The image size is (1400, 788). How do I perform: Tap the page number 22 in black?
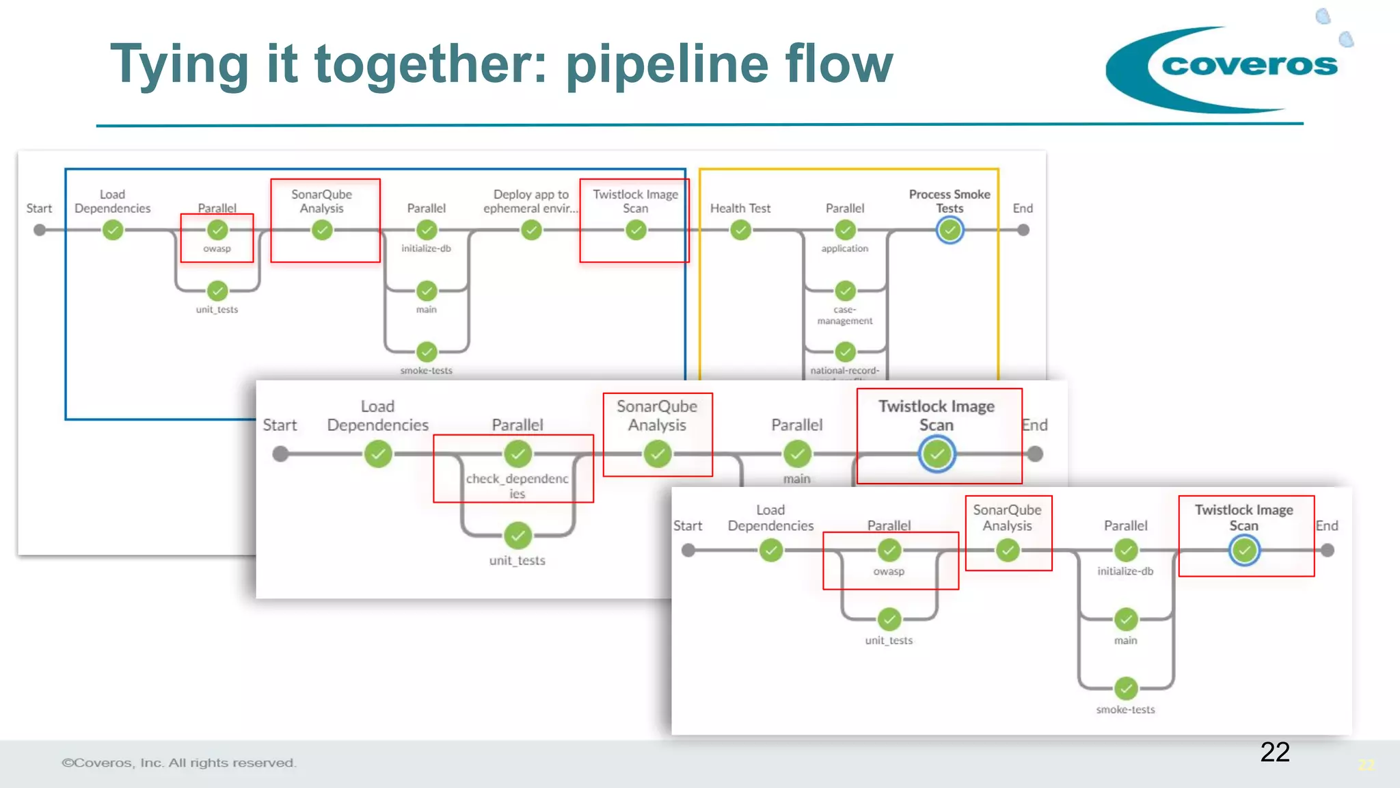click(1274, 752)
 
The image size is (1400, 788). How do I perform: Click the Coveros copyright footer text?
click(179, 763)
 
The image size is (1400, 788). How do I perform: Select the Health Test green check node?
click(740, 231)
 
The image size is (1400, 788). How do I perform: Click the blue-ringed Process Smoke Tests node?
click(950, 231)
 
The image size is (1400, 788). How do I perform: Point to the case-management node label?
click(845, 315)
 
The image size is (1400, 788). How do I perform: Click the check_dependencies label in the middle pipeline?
click(517, 486)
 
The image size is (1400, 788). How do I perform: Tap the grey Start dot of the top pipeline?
click(40, 231)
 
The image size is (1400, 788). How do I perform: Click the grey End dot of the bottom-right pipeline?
click(1328, 550)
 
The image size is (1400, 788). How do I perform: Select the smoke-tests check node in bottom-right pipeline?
click(1126, 687)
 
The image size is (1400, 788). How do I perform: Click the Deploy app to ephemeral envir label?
click(530, 201)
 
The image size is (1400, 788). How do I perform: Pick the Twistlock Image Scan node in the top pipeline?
click(636, 231)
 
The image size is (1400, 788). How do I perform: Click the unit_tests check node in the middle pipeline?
click(517, 536)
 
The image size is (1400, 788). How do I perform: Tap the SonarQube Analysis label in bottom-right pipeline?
click(1007, 518)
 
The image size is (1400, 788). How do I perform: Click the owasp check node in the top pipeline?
click(217, 230)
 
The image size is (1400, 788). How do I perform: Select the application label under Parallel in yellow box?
click(845, 248)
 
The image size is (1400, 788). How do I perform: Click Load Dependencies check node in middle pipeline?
click(378, 454)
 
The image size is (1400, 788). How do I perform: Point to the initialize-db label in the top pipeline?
click(426, 248)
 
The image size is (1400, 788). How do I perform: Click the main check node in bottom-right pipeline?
click(1126, 619)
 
